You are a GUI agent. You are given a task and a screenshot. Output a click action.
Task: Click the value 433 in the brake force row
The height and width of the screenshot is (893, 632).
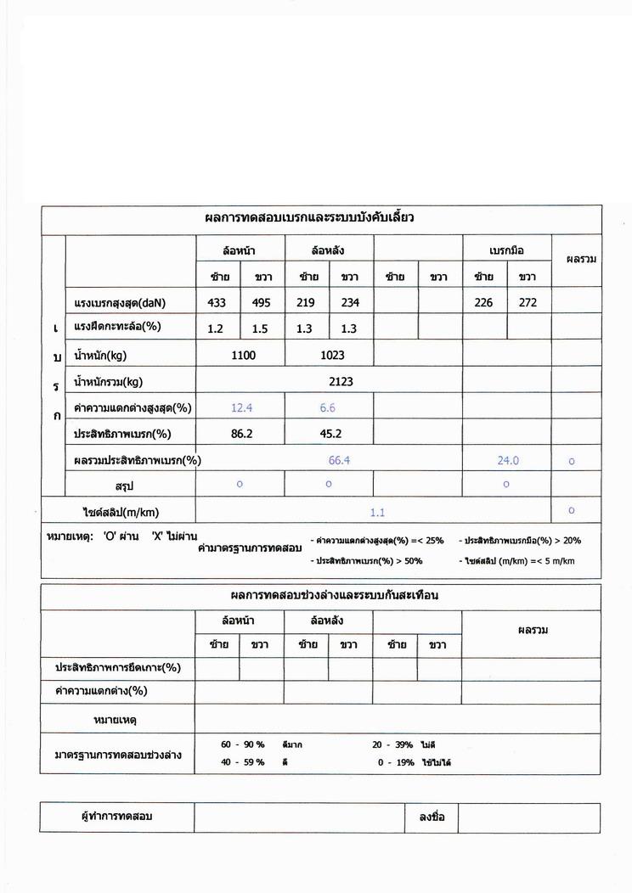click(x=218, y=302)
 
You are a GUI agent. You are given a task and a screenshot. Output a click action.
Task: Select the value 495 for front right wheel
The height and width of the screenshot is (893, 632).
click(x=261, y=302)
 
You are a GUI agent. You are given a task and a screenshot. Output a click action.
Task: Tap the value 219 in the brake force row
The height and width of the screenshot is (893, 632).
click(x=308, y=302)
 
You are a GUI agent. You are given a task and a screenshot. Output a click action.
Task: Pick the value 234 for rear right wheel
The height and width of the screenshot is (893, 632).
click(x=350, y=302)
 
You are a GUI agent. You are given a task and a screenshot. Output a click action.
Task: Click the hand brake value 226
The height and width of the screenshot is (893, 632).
click(x=483, y=302)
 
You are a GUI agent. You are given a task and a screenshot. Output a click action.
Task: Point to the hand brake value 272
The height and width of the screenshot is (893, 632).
click(x=528, y=302)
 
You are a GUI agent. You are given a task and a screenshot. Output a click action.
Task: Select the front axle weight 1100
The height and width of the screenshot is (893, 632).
click(x=243, y=356)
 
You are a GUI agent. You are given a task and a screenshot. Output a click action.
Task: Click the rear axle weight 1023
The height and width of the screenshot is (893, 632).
click(x=332, y=356)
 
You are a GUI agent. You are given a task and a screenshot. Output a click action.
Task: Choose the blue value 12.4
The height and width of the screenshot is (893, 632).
click(x=242, y=408)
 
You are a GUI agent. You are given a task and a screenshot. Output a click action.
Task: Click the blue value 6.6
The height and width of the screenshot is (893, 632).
click(x=328, y=408)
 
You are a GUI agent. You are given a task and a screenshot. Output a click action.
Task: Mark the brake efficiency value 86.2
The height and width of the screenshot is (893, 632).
click(x=242, y=434)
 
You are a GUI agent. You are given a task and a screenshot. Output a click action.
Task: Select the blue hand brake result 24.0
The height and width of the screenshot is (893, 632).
click(x=508, y=460)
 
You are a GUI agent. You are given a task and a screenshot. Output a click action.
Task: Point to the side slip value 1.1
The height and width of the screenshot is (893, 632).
click(x=378, y=512)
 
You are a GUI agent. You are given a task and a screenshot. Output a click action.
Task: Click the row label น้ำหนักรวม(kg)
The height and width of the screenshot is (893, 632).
click(x=112, y=382)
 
